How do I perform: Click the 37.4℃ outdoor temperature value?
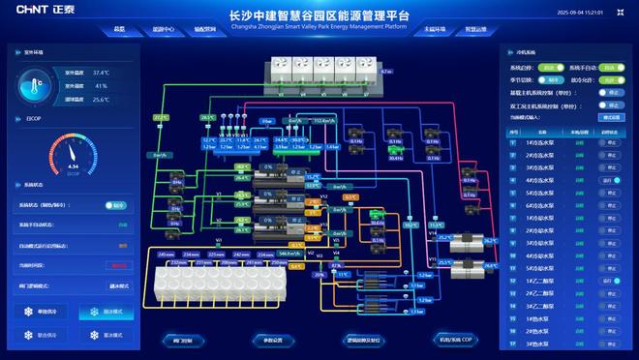tap(101, 73)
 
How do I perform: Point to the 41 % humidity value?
tap(101, 86)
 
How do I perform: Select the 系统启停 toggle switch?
tap(115, 205)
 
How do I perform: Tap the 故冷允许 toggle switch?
tap(607, 79)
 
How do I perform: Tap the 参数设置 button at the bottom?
tap(273, 341)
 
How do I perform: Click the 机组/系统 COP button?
tap(454, 341)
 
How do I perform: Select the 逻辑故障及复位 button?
tap(364, 341)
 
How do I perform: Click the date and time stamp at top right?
tap(581, 13)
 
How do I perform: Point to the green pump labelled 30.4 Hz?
tap(394, 149)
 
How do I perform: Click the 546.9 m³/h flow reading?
tap(289, 254)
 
